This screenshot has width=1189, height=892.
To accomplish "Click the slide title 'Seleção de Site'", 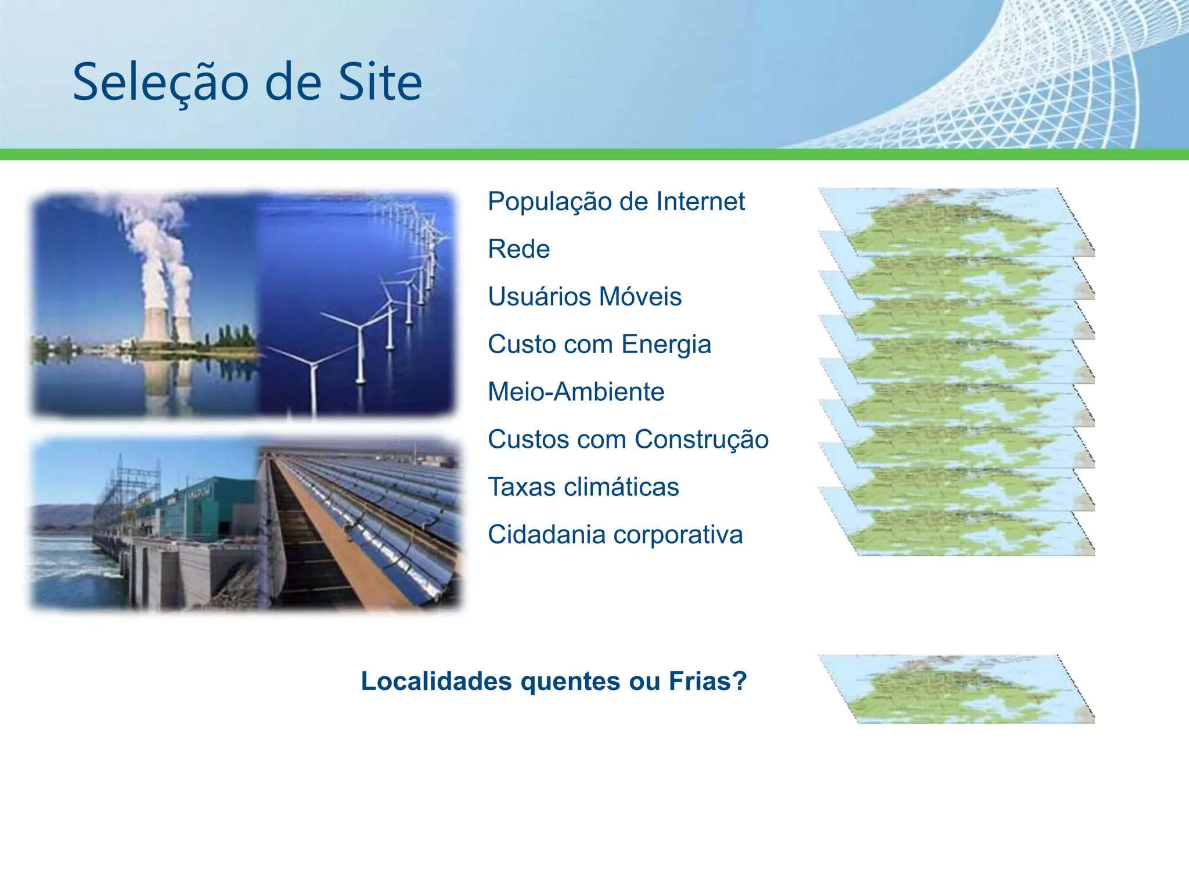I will (247, 82).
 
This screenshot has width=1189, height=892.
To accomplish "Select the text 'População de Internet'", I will (616, 202).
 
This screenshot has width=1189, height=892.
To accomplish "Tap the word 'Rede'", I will (518, 250).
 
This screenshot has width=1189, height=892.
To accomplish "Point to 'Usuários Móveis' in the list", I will (584, 297).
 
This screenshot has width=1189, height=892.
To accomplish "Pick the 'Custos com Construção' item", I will (628, 440).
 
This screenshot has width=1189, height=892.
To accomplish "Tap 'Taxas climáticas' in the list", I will (583, 487).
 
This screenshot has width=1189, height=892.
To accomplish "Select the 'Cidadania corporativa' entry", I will (615, 535).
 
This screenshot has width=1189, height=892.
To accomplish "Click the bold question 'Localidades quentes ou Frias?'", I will (553, 681).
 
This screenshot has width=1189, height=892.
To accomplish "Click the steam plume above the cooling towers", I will (154, 238).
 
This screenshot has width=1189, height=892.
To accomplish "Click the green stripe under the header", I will (594, 154).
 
